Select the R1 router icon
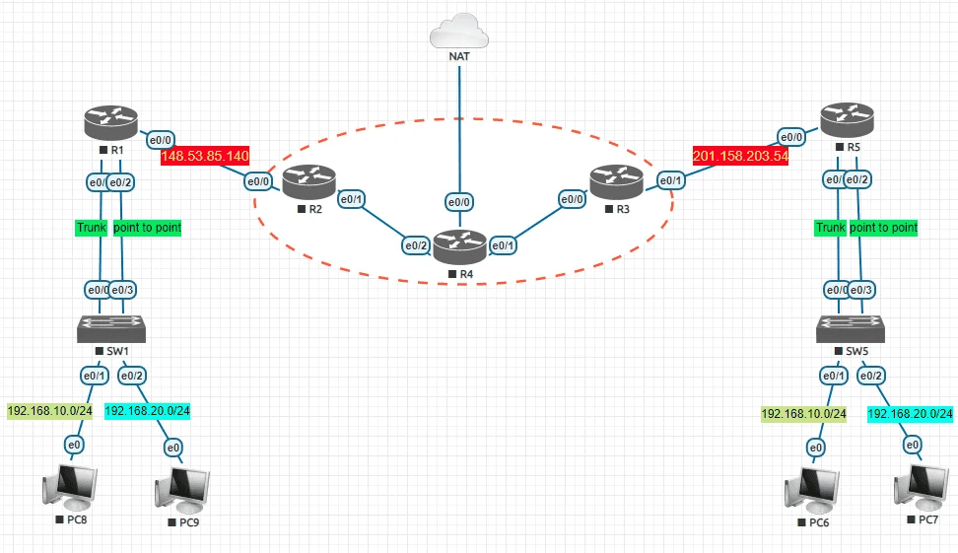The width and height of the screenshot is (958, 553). click(111, 123)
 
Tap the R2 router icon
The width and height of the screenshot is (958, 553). click(308, 182)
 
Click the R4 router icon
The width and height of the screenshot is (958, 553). click(460, 246)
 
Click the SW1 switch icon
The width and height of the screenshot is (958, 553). click(111, 327)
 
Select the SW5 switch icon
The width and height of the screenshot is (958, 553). click(848, 327)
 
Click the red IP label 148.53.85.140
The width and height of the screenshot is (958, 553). click(205, 156)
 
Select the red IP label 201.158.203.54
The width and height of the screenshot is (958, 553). click(741, 156)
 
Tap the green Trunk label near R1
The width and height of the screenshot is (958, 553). click(91, 228)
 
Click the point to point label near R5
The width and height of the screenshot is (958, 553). click(883, 228)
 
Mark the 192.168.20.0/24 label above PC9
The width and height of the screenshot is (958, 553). click(148, 411)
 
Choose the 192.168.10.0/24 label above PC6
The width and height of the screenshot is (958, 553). click(803, 414)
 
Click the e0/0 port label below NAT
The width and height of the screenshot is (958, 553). click(459, 202)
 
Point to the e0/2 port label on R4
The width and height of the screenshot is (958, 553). click(414, 245)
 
